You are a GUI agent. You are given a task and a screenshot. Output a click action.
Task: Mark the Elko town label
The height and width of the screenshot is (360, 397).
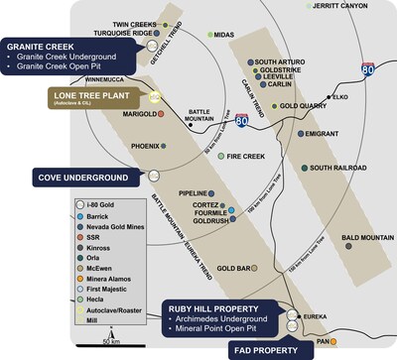[x=339, y=96]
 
